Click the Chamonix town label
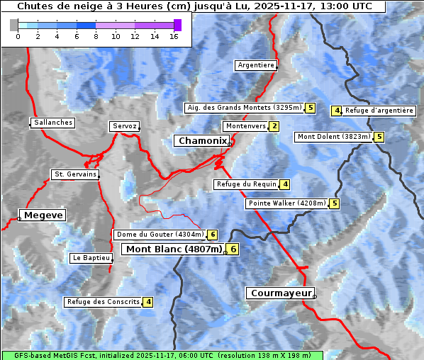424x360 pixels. [203, 141]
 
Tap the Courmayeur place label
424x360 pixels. [280, 293]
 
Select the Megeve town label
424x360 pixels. [43, 215]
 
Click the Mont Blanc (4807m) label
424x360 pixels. [174, 249]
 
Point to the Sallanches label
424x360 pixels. [53, 123]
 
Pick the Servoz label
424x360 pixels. [124, 126]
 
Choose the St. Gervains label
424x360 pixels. [74, 174]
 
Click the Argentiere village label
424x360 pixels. [256, 65]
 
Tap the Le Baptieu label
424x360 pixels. [91, 258]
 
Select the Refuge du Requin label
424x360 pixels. [245, 184]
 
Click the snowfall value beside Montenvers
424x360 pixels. [274, 126]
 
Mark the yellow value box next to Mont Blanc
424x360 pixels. [233, 249]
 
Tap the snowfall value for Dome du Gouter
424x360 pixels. [212, 235]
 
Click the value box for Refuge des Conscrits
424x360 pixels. [148, 302]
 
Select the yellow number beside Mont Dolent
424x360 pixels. [379, 137]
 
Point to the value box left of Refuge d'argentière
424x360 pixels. [337, 111]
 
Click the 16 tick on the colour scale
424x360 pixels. [174, 37]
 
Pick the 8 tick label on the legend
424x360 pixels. [96, 37]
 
